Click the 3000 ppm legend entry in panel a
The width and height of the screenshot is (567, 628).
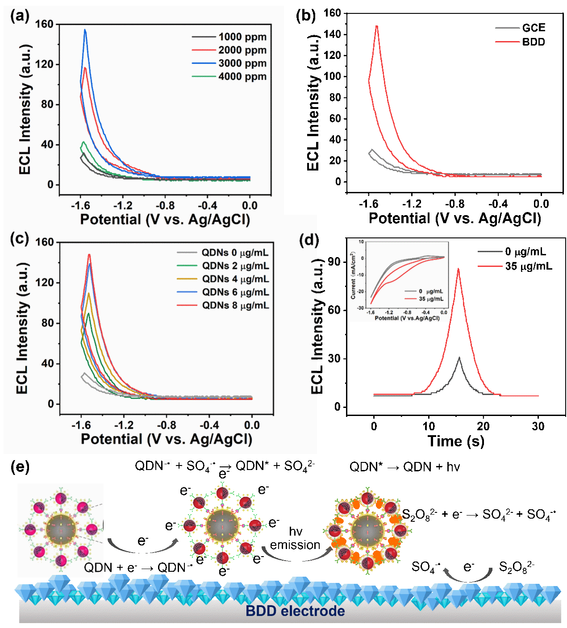(242, 63)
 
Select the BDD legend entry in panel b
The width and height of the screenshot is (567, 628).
(534, 42)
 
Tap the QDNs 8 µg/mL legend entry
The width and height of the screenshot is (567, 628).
(235, 305)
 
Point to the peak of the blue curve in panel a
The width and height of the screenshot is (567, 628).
(85, 30)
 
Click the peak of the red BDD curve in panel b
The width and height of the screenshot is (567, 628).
(377, 26)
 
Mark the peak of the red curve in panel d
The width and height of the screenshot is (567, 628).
(458, 269)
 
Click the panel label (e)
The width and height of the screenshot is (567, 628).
(20, 467)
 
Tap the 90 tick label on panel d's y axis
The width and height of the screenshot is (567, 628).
(334, 262)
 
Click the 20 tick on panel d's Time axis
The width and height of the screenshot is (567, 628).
(484, 426)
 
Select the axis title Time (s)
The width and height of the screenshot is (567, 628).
(456, 441)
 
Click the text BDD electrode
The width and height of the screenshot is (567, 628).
(295, 611)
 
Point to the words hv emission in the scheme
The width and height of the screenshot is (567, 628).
(295, 538)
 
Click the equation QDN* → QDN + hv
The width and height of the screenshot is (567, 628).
(404, 467)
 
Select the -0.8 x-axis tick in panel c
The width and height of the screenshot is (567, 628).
(166, 425)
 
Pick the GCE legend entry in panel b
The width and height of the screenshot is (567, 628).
(534, 28)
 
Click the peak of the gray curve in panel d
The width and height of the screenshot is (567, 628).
(459, 358)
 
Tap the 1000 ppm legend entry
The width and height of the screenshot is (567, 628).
(242, 37)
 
